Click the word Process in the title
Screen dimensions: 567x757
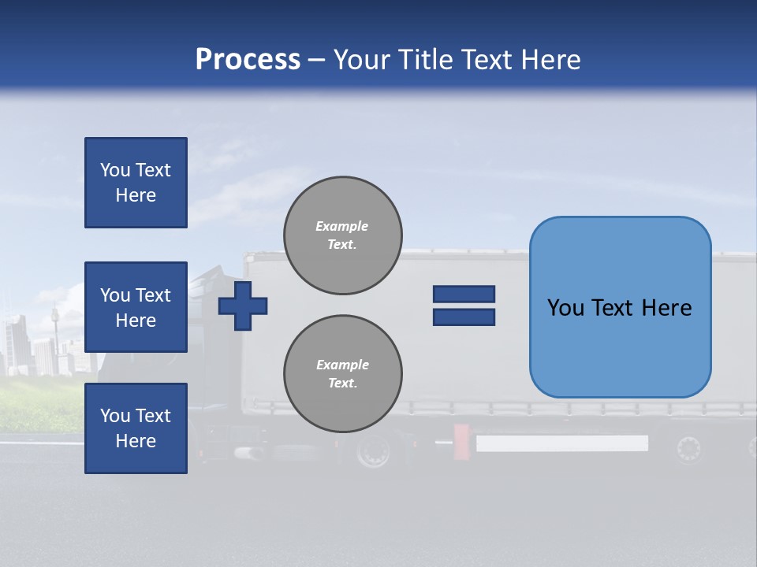(x=248, y=60)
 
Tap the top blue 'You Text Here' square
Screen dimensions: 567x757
(x=136, y=183)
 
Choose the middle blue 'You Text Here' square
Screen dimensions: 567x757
(x=136, y=307)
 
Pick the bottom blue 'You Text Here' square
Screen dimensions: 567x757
(x=136, y=428)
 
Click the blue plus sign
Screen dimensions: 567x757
(x=243, y=306)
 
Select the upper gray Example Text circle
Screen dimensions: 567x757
(x=343, y=235)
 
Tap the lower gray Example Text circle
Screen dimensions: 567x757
(x=343, y=374)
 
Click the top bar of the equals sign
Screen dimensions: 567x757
(x=464, y=294)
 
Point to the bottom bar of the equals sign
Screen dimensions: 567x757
(x=464, y=317)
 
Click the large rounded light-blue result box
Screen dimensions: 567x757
(x=620, y=307)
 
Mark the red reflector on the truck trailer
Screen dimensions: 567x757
(x=461, y=442)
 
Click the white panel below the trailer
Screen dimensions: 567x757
(x=561, y=443)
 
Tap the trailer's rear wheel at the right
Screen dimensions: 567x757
(x=688, y=449)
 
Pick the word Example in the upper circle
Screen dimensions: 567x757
(x=342, y=226)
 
